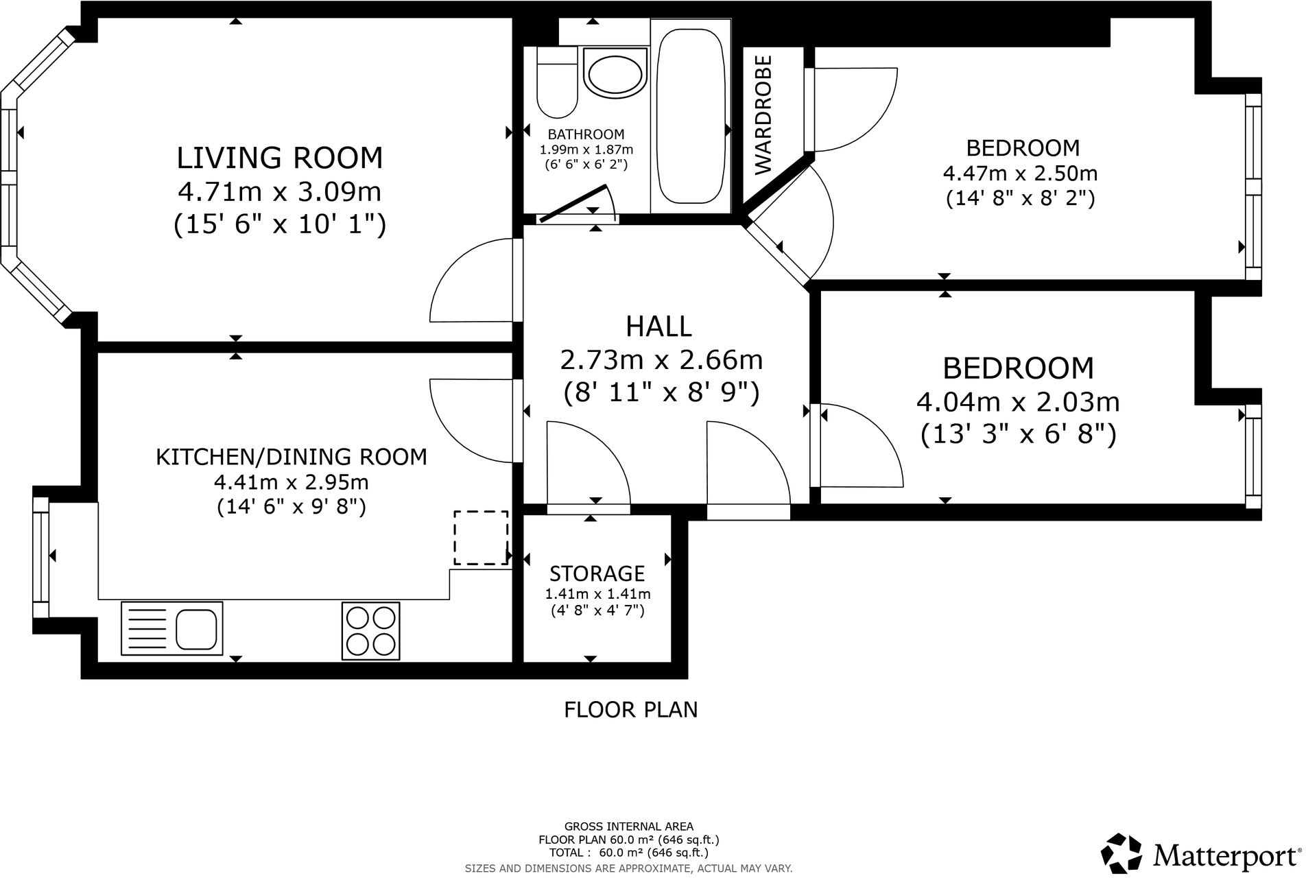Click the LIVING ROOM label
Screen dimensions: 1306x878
[x=280, y=158]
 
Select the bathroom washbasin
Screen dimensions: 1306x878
[x=615, y=73]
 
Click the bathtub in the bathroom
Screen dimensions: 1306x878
[x=689, y=116]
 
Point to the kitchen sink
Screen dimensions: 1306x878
[x=172, y=628]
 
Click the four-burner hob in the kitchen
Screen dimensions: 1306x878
[x=371, y=630]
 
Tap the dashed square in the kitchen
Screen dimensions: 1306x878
[x=480, y=538]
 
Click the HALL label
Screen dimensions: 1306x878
[x=659, y=327]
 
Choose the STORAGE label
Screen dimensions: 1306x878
[x=597, y=573]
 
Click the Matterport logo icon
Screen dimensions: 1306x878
[x=1122, y=855]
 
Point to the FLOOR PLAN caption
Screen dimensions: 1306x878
[x=631, y=709]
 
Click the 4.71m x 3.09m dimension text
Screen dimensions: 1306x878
[x=280, y=191]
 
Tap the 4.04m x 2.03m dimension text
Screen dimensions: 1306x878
[x=1018, y=401]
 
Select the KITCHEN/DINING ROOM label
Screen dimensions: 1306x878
[x=292, y=457]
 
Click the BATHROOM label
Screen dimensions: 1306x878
[x=586, y=134]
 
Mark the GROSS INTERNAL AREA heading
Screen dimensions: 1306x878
[x=629, y=827]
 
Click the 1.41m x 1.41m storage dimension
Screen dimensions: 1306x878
[x=597, y=594]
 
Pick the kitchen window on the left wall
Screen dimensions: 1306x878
[x=41, y=557]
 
